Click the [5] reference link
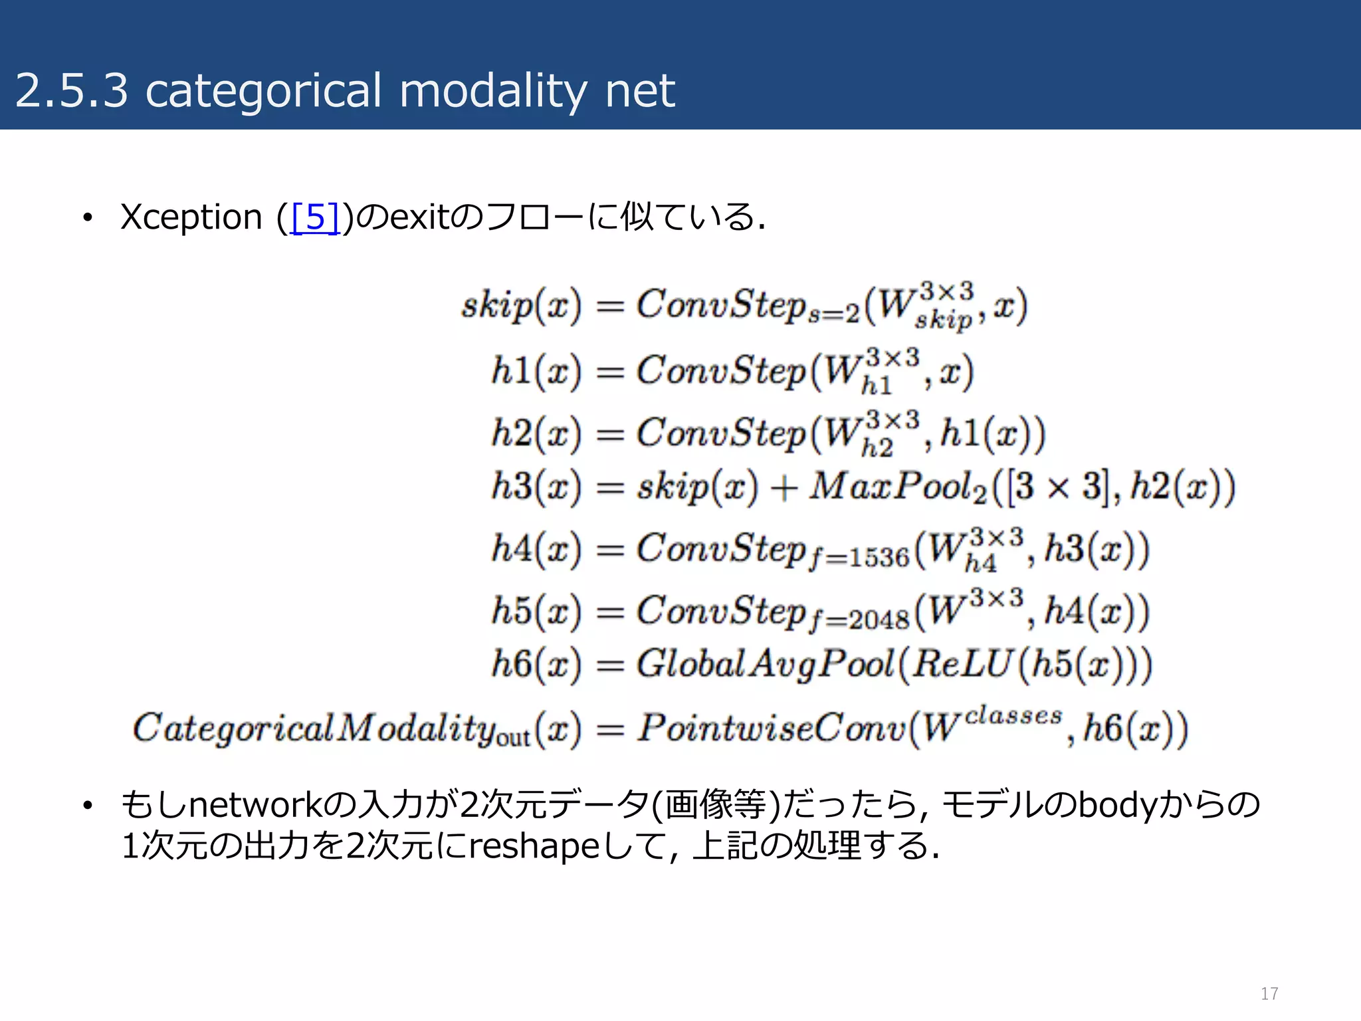(x=316, y=217)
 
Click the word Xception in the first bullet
(x=191, y=218)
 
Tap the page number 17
(x=1269, y=993)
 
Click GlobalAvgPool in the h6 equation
(x=764, y=664)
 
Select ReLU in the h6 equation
(x=962, y=664)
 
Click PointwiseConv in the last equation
(x=771, y=728)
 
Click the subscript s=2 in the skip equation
(x=834, y=314)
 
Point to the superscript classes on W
(x=1013, y=716)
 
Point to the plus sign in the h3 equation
(x=784, y=487)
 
